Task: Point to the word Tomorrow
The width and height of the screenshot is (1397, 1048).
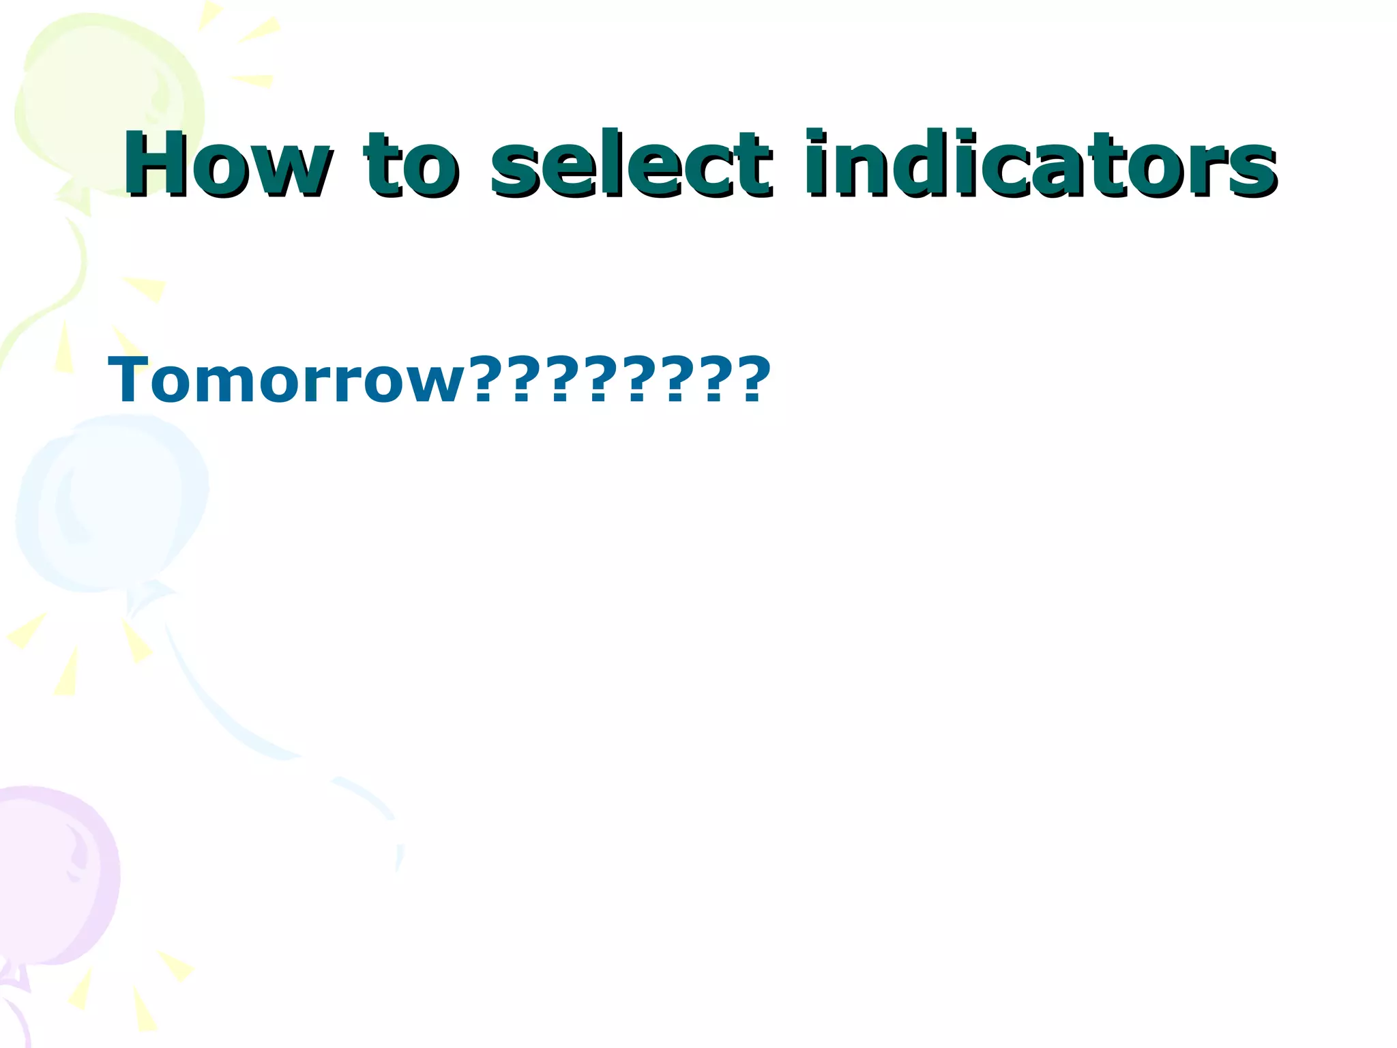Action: coord(286,380)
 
